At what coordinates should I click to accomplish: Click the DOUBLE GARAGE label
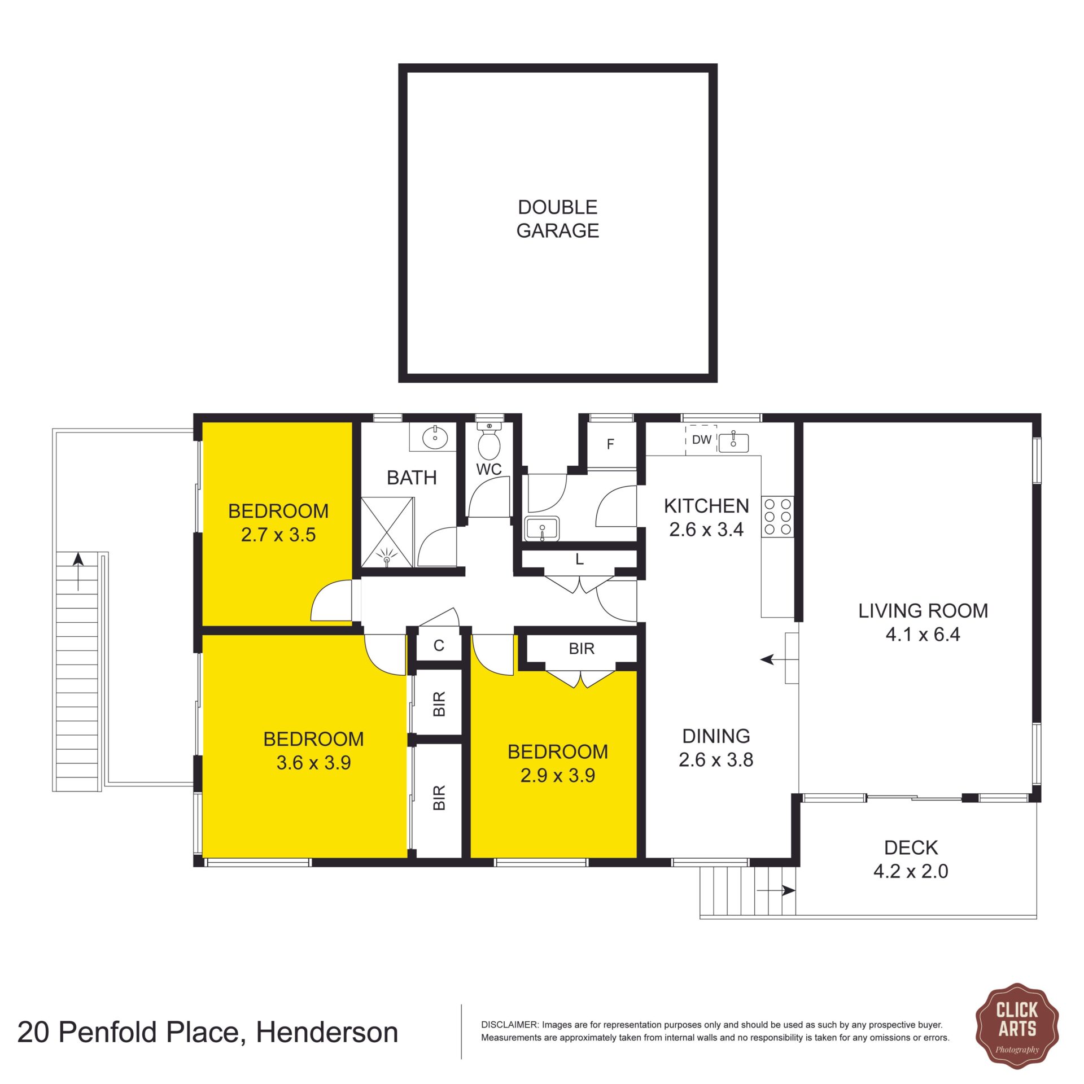(x=557, y=219)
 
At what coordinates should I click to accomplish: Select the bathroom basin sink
(x=435, y=437)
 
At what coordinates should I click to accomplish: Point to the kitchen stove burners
(x=777, y=516)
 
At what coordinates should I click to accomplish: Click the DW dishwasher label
(x=702, y=440)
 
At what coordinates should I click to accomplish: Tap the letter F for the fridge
(x=610, y=444)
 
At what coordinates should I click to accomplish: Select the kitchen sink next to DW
(x=733, y=442)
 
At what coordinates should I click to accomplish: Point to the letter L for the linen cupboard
(x=579, y=560)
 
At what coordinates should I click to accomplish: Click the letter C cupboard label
(x=439, y=645)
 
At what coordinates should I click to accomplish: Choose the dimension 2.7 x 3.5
(x=278, y=535)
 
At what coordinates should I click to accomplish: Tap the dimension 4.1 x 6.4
(x=923, y=635)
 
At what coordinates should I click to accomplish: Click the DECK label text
(x=911, y=847)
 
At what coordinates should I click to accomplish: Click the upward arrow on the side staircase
(x=78, y=571)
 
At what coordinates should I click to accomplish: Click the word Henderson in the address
(x=327, y=1032)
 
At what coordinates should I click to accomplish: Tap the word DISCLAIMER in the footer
(x=509, y=1025)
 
